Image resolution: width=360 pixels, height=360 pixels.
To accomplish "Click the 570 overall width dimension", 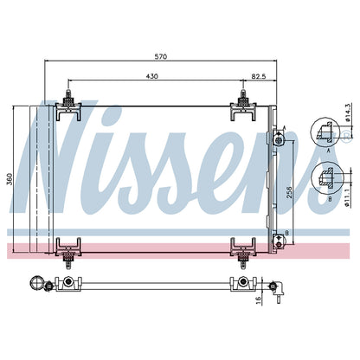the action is point(161,56).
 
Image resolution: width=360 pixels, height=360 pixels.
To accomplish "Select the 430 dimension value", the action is point(152,76).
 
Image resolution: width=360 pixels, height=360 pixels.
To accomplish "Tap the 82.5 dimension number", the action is point(259,76).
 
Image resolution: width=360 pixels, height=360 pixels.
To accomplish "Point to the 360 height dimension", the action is point(10,179).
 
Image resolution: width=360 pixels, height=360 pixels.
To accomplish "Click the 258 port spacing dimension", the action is point(289,192).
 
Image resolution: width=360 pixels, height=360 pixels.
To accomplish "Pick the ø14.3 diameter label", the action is point(348,112).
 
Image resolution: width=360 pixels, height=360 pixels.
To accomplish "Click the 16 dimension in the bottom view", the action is point(259,300).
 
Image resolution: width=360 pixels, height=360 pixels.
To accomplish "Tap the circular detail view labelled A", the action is point(325,132).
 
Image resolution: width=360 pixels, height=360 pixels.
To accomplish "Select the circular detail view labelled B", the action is point(327,178).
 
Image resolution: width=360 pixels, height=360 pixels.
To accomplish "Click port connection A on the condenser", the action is point(279,138).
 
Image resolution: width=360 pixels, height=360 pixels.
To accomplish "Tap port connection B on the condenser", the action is point(279,242).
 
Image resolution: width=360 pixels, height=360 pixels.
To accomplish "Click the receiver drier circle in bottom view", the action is point(37,283).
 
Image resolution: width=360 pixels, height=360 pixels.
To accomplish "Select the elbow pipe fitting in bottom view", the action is point(277,290).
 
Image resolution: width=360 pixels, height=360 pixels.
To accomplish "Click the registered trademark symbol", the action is point(346,134).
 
